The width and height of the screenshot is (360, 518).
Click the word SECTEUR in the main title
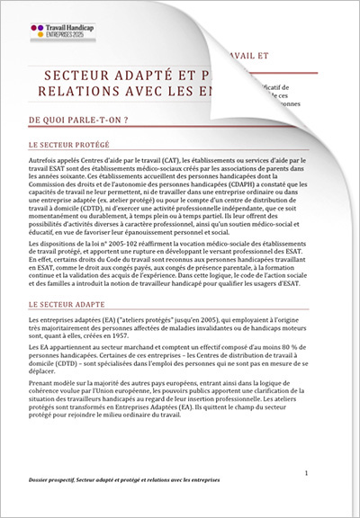pyautogui.click(x=76, y=76)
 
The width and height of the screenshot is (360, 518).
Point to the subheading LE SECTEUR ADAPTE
pyautogui.click(x=67, y=305)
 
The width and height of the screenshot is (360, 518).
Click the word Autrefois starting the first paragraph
pyautogui.click(x=45, y=158)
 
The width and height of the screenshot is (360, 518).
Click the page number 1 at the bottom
pyautogui.click(x=306, y=472)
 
